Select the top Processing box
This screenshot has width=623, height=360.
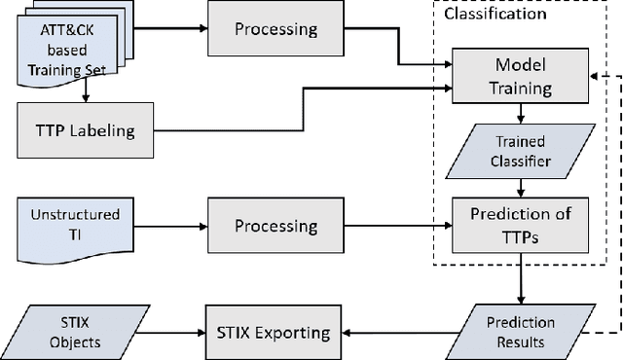(276, 28)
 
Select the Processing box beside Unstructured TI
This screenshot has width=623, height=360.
(276, 226)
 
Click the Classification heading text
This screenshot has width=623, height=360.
(495, 14)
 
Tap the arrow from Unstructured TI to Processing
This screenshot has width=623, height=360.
(167, 226)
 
